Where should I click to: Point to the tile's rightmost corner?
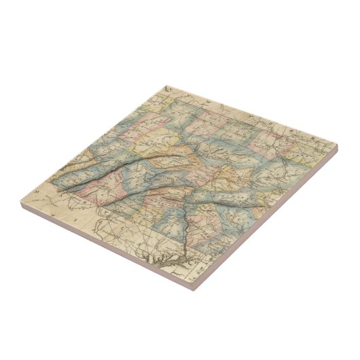[336, 145]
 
